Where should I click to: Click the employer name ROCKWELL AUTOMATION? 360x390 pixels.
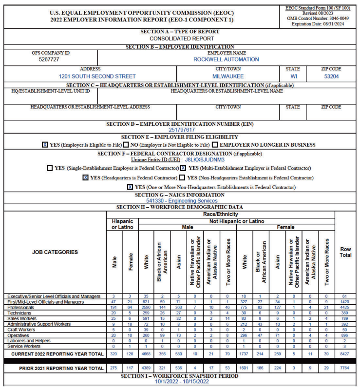[x=226, y=59]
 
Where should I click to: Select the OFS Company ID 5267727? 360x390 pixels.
[x=49, y=59]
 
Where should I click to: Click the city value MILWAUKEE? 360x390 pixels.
[x=228, y=77]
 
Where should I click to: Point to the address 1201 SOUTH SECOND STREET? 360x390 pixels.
[x=97, y=77]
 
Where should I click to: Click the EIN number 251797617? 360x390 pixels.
[x=182, y=130]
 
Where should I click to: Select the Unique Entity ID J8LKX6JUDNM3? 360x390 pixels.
[x=205, y=159]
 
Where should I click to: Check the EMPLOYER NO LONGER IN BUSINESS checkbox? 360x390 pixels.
[x=215, y=145]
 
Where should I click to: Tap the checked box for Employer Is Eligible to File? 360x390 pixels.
[x=45, y=145]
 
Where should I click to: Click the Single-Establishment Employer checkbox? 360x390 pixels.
[x=50, y=168]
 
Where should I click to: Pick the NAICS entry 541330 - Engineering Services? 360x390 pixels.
[x=182, y=200]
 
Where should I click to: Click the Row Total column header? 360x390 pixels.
[x=345, y=252]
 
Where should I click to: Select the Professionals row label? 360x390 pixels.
[x=20, y=308]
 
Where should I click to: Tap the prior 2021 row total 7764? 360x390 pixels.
[x=345, y=369]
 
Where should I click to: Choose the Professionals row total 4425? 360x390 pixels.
[x=345, y=308]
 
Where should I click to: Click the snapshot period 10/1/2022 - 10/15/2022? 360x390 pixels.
[x=182, y=382]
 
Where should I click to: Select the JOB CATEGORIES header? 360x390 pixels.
[x=55, y=252]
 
